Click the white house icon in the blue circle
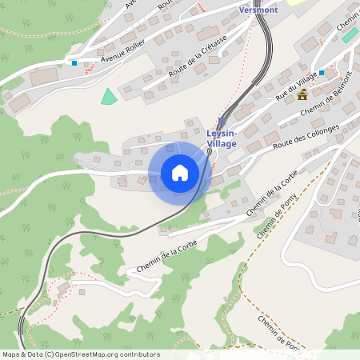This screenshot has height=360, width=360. click(x=179, y=172)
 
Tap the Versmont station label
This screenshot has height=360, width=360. click(x=258, y=10)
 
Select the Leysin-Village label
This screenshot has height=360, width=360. click(x=221, y=138)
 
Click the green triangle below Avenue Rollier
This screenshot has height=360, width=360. click(x=108, y=97)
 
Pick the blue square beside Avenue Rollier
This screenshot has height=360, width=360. click(x=74, y=62)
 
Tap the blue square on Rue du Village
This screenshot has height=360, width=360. click(x=322, y=73)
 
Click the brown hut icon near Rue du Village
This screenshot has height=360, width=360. click(x=302, y=95)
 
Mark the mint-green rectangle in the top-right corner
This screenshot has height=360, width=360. click(x=350, y=35)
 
